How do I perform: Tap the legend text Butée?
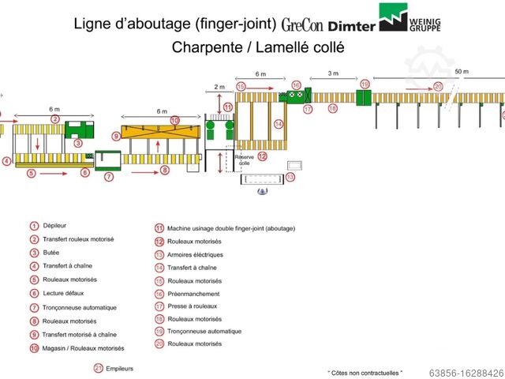tap(53, 253)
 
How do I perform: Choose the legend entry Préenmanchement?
tap(193, 294)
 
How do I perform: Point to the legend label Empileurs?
tap(119, 368)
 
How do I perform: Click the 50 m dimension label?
tap(462, 73)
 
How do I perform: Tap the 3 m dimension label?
tap(333, 73)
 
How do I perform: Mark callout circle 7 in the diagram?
tap(109, 177)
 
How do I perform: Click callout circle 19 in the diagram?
tap(365, 83)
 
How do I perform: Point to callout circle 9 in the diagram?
tap(116, 136)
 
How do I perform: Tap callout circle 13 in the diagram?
tap(290, 178)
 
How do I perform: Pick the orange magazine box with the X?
tap(161, 146)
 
